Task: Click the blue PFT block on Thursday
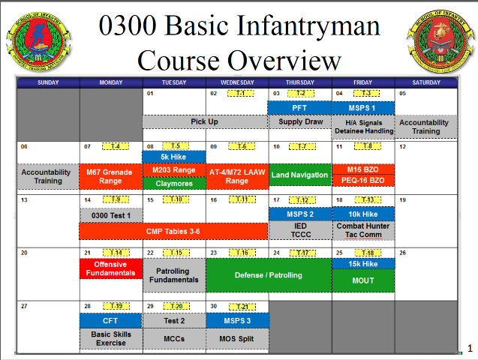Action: click(x=300, y=107)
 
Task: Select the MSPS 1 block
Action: click(x=363, y=107)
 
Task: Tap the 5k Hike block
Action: click(x=173, y=157)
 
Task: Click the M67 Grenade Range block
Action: click(x=110, y=175)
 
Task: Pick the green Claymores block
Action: click(x=173, y=182)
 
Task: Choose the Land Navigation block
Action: click(x=300, y=175)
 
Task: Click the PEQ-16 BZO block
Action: click(x=363, y=181)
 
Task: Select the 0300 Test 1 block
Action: click(x=110, y=215)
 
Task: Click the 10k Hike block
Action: click(x=363, y=214)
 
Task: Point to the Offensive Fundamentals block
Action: click(x=110, y=268)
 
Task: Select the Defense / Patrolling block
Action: click(x=268, y=275)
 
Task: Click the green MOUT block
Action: click(x=363, y=280)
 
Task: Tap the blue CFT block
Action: click(x=110, y=320)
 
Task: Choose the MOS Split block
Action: click(x=236, y=339)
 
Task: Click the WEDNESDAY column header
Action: click(x=236, y=82)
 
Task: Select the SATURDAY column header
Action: click(x=426, y=82)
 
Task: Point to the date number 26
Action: click(x=402, y=253)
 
